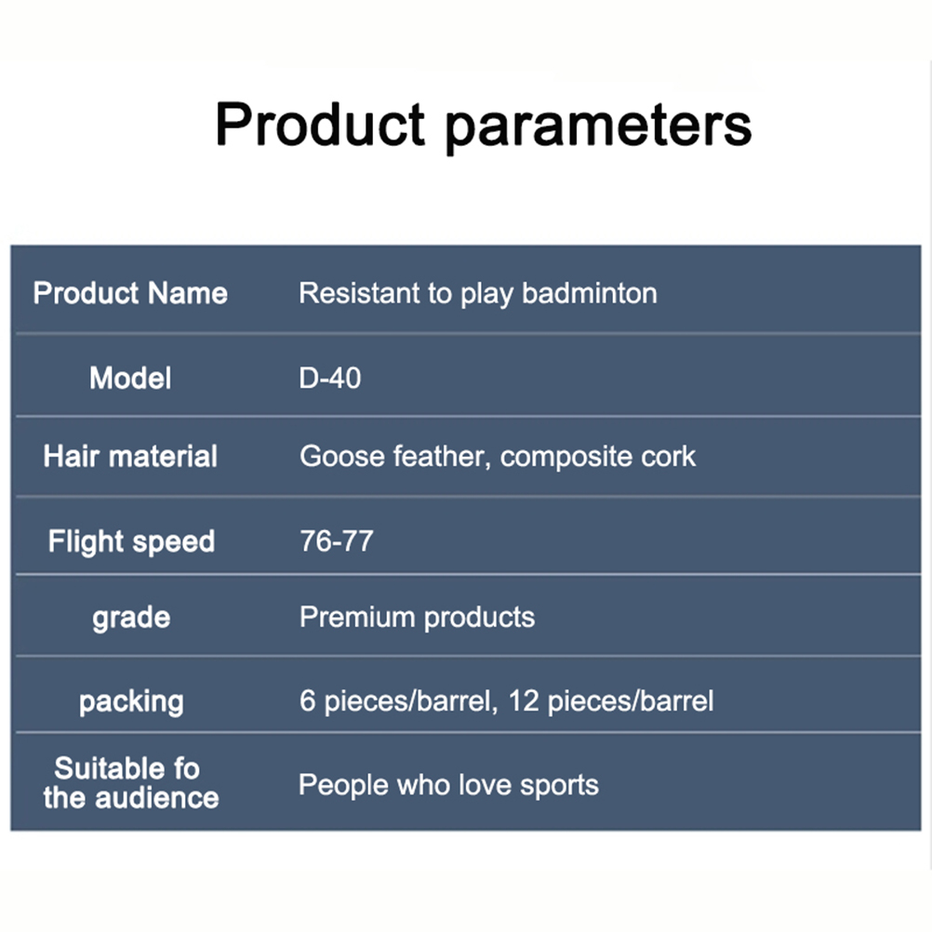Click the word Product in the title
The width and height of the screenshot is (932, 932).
(x=320, y=125)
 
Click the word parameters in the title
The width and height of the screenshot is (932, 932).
(x=599, y=126)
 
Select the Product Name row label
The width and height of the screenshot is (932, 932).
(x=130, y=293)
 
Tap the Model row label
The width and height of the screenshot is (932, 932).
(x=130, y=378)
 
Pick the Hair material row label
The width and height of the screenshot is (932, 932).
(x=130, y=457)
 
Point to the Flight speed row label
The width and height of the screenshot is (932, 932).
(x=131, y=541)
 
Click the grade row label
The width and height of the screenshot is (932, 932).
(x=131, y=619)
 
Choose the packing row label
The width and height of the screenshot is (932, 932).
(x=131, y=702)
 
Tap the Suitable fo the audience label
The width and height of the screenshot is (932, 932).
(x=131, y=783)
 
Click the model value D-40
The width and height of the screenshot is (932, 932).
(x=330, y=378)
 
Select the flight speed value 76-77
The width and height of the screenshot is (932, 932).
(x=337, y=541)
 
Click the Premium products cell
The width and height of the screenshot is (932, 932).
(x=418, y=618)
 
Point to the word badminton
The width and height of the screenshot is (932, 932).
(x=590, y=293)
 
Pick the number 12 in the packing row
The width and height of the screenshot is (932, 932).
(x=524, y=700)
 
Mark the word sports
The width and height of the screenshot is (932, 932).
(x=559, y=785)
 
